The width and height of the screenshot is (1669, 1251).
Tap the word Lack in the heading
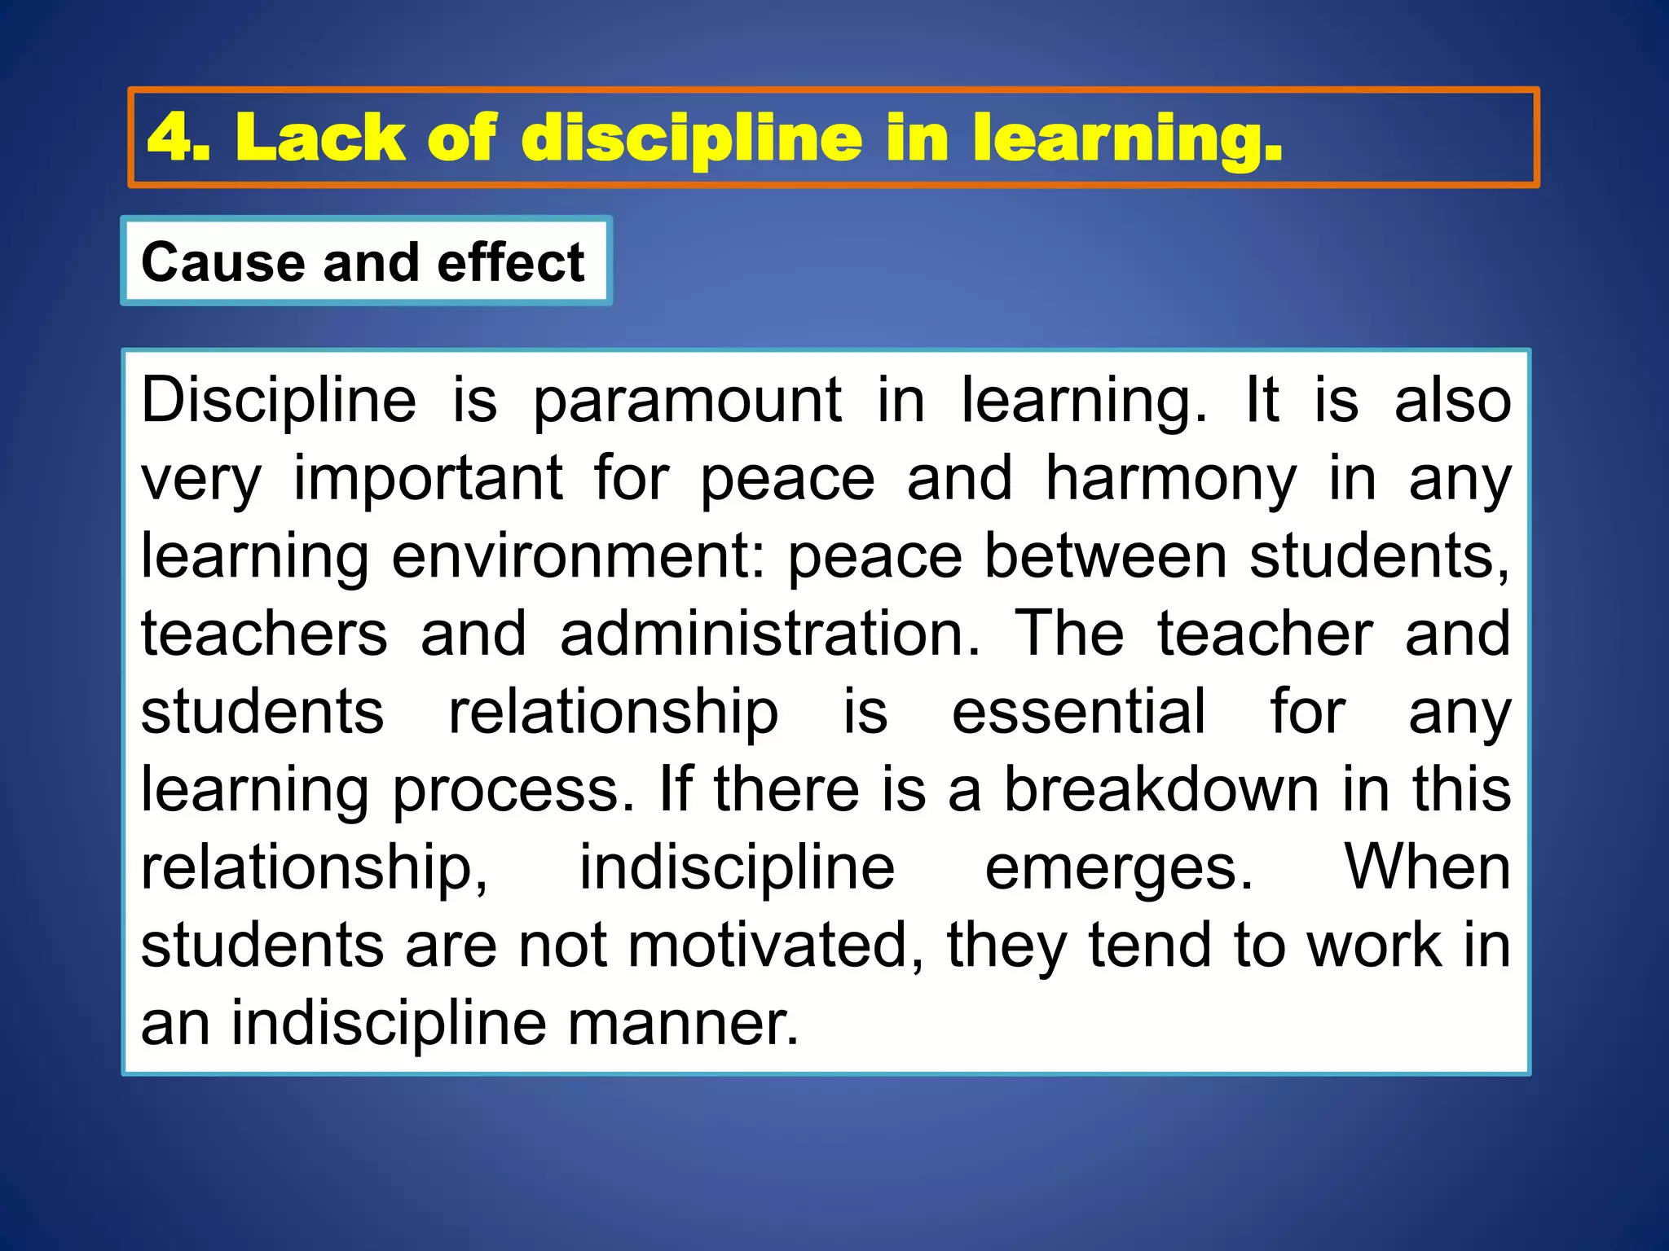320,137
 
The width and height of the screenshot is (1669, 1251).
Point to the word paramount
687,401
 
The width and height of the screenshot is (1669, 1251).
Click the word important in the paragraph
428,478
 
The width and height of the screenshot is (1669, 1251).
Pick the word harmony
1170,478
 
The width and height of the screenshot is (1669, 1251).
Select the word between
1105,556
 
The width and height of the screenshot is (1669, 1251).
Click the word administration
770,634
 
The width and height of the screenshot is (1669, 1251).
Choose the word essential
1078,712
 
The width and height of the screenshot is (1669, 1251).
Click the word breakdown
1160,789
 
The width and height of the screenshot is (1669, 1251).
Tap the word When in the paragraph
1427,867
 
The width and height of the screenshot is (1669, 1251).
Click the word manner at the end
683,1023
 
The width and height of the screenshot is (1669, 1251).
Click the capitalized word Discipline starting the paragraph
279,401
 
